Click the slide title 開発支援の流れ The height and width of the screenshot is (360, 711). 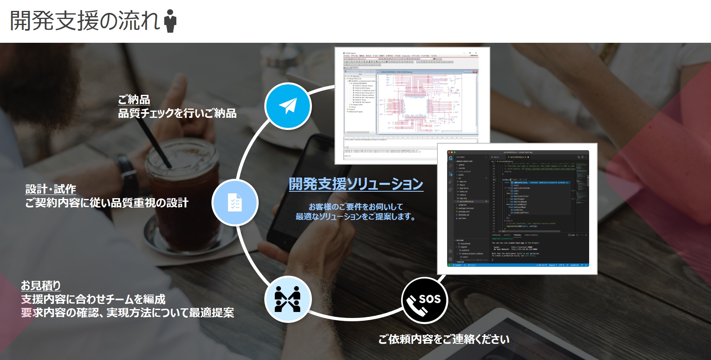[x=85, y=21]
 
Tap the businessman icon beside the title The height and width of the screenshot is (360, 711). [x=171, y=21]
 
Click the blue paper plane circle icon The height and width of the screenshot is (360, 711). [x=288, y=106]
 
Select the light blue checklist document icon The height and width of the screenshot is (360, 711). [x=234, y=202]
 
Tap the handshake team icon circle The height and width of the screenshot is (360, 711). [x=288, y=299]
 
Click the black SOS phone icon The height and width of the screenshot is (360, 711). [x=425, y=300]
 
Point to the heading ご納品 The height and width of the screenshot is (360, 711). [x=134, y=100]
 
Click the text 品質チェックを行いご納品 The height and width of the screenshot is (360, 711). [x=177, y=113]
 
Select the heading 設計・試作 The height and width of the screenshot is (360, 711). [x=51, y=189]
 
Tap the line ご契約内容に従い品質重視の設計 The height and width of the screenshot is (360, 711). [x=107, y=203]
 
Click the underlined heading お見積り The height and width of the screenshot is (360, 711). [x=41, y=286]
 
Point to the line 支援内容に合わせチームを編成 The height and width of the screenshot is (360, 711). [x=93, y=299]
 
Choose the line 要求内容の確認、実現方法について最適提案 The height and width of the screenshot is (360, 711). [x=128, y=313]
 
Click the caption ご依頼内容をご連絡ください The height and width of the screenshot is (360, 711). [x=444, y=339]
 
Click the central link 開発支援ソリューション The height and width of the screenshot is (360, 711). [x=356, y=184]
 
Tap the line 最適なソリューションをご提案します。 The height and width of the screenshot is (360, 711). [x=355, y=217]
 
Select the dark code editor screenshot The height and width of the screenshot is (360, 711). [x=517, y=208]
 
